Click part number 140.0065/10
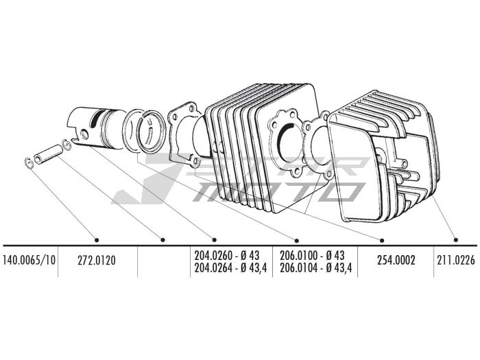29,261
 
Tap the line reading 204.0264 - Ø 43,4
233,267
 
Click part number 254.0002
396,261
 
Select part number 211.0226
456,261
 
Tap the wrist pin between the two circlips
47,153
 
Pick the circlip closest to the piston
67,144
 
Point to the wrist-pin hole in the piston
85,135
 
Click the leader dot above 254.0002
382,239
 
